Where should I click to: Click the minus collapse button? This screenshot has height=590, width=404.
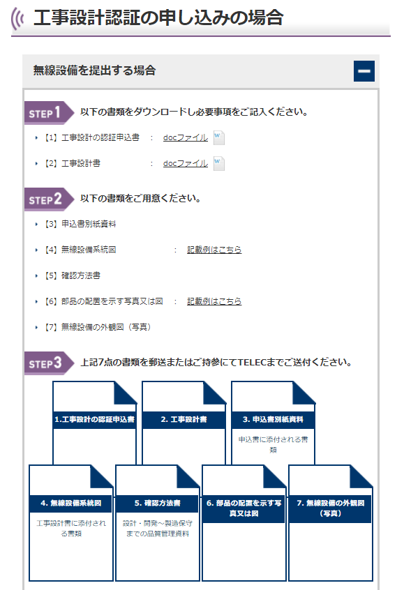tap(364, 71)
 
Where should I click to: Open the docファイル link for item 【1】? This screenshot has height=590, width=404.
tap(185, 137)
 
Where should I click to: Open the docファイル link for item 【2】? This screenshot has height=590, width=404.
tap(185, 163)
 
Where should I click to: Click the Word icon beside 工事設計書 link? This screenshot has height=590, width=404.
tap(219, 163)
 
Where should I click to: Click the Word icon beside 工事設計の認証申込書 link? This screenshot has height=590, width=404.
tap(219, 137)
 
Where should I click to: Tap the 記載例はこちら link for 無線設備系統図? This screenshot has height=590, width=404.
tap(214, 250)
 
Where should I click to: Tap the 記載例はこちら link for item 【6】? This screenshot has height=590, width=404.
tap(214, 301)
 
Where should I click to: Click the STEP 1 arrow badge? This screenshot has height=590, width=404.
tap(49, 112)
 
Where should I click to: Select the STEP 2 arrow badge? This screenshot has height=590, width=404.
tap(49, 199)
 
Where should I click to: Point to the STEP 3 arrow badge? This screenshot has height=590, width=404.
tap(49, 363)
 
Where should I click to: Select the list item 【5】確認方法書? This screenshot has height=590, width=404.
tap(73, 275)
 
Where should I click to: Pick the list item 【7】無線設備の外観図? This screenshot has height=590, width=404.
tap(98, 327)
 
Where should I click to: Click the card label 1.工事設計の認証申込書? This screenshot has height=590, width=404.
tap(94, 420)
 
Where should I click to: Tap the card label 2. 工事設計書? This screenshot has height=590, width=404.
tap(184, 420)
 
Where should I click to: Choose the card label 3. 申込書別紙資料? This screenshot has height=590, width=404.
tap(273, 420)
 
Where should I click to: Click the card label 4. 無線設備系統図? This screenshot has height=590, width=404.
tap(70, 503)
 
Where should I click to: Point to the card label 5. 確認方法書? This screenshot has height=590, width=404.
tap(158, 503)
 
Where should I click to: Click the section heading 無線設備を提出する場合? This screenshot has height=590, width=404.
tap(94, 70)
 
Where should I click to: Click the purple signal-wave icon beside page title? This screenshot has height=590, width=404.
tap(17, 18)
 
